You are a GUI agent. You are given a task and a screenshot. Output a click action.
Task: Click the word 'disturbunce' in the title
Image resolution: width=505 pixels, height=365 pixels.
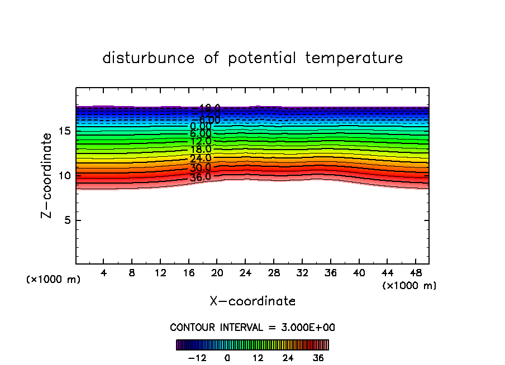(x=149, y=58)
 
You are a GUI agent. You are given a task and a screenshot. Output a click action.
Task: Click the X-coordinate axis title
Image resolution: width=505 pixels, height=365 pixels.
(x=252, y=301)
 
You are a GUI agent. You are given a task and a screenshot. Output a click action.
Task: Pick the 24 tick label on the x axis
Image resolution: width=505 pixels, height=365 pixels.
(x=245, y=273)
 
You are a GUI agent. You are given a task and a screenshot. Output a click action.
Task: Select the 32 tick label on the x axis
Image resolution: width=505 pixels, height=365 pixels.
(x=302, y=273)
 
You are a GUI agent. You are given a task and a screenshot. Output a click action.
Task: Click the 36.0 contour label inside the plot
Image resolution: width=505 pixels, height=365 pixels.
(x=201, y=177)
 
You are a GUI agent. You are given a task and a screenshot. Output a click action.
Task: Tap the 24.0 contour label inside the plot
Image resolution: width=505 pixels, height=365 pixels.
(x=201, y=159)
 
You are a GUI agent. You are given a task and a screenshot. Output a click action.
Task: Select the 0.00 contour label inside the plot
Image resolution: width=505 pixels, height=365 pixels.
(x=201, y=127)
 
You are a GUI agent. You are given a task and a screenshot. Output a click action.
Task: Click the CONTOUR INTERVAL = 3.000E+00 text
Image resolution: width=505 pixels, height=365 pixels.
(x=252, y=327)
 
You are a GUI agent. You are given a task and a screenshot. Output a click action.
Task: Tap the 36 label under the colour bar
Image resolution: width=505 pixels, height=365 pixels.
(x=318, y=358)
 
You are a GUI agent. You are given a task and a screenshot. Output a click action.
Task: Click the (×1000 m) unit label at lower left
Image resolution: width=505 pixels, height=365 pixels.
(x=53, y=280)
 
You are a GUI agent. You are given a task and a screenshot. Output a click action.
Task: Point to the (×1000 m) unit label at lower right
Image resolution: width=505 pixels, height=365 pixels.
(x=409, y=286)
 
